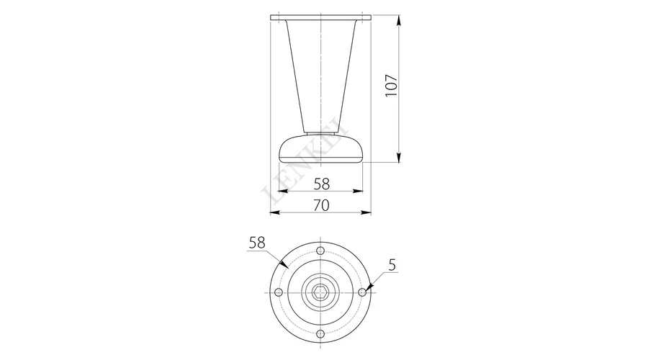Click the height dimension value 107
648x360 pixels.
391,86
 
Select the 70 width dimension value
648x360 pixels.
322,205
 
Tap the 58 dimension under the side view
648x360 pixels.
322,184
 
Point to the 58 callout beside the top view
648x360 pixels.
256,243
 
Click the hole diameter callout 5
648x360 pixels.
392,265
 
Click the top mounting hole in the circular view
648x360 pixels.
320,251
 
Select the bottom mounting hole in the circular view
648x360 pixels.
320,334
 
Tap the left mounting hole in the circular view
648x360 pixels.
279,292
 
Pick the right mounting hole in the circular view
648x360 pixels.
362,292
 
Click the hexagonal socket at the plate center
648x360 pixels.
320,292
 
